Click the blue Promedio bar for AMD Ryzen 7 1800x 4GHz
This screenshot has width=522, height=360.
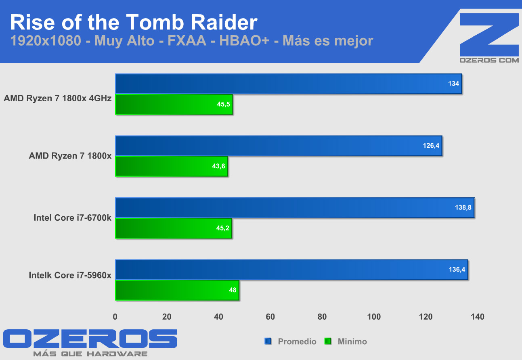[x=288, y=84]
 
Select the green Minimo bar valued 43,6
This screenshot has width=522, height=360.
[x=172, y=166]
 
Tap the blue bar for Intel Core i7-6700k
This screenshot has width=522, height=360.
[x=295, y=208]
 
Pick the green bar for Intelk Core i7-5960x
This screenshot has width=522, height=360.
[x=177, y=291]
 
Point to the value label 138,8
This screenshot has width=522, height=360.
[x=463, y=208]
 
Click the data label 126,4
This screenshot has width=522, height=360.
[x=431, y=146]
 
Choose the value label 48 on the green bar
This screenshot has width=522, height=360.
[x=233, y=291]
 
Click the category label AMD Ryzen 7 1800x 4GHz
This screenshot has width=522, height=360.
[x=58, y=98]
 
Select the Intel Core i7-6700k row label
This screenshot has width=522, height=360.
[x=73, y=218]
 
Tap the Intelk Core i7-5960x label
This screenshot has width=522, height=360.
[x=70, y=276]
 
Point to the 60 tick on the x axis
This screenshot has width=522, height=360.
[x=270, y=317]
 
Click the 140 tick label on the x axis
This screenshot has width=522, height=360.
[x=477, y=317]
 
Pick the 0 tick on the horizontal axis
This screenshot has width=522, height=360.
[x=115, y=317]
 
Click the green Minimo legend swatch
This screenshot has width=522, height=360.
[x=328, y=341]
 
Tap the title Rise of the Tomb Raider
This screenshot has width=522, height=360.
[x=133, y=23]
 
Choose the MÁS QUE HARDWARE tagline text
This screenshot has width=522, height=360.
[x=90, y=354]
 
